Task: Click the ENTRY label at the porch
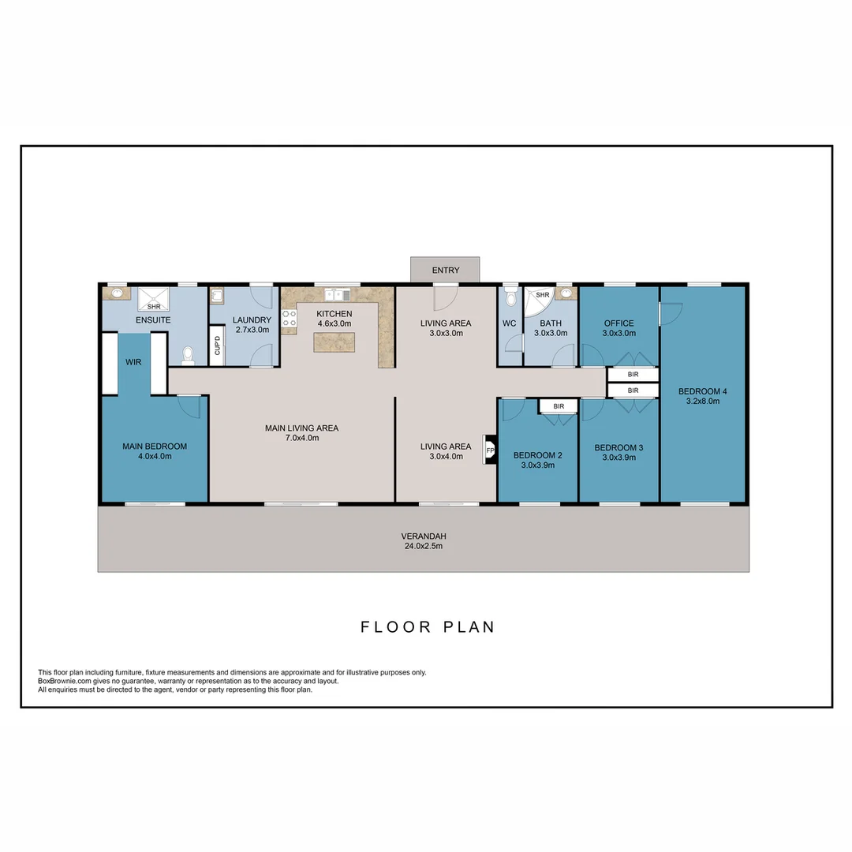(x=445, y=271)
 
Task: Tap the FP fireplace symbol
(x=490, y=450)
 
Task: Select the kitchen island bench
(x=334, y=342)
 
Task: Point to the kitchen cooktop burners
(x=289, y=318)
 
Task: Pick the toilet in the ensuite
(x=187, y=357)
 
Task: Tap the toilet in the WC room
(x=510, y=297)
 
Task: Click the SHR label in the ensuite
(x=153, y=307)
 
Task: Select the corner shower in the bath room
(x=540, y=300)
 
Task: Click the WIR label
(x=133, y=362)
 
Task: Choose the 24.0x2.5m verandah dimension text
(x=424, y=546)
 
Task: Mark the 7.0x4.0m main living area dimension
(x=301, y=438)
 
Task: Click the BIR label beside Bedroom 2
(x=559, y=406)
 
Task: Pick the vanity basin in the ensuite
(x=118, y=293)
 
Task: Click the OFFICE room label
(x=618, y=323)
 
